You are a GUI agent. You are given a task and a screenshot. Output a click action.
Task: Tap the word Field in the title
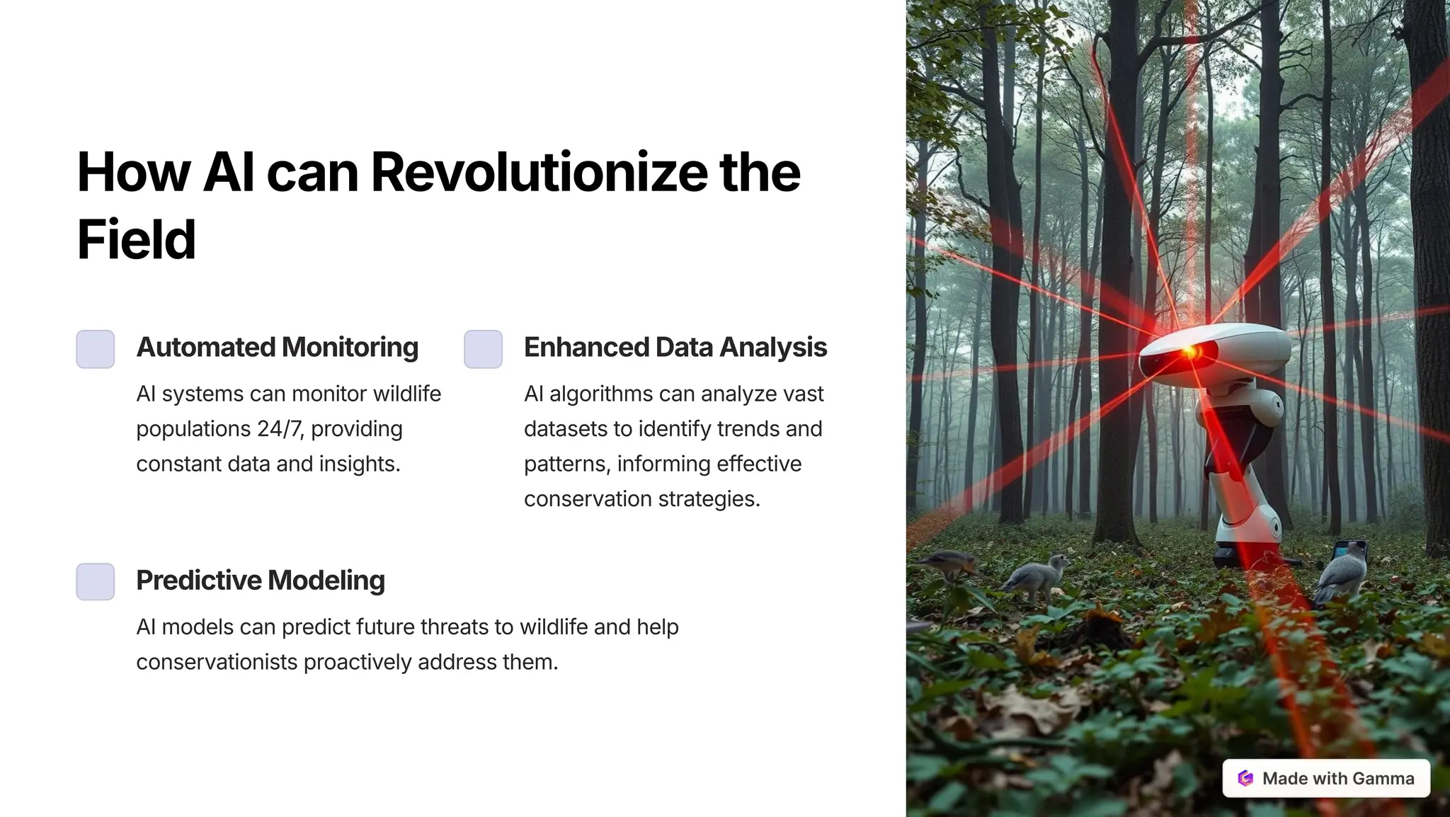coord(136,239)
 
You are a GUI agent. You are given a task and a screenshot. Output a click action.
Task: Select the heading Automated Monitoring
coord(277,348)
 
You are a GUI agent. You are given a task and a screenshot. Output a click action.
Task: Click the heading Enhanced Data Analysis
coord(675,348)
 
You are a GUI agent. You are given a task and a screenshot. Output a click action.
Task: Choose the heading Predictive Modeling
coord(260,581)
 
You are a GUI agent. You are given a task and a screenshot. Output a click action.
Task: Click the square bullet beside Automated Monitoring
coord(96,349)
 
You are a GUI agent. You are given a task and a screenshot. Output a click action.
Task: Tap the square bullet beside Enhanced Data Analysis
coord(483,349)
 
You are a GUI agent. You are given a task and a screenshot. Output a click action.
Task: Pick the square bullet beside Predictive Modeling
coord(96,582)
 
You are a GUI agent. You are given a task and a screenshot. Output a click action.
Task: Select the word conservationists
coord(217,662)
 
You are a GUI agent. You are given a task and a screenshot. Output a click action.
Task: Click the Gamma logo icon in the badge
coord(1245,779)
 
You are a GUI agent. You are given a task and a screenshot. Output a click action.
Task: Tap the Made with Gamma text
coord(1338,779)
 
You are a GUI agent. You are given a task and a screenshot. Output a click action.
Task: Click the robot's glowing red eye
coord(1189,351)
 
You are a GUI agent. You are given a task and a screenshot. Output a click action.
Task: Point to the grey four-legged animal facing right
coord(1035,577)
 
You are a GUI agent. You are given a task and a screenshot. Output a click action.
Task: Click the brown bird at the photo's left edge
coord(945,564)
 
